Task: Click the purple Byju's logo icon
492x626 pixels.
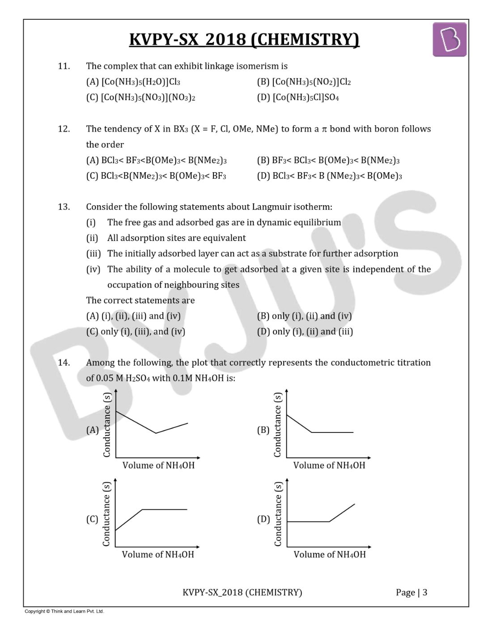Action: pos(450,40)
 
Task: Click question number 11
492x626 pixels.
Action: pos(64,66)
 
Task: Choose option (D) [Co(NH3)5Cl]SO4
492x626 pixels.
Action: pos(298,97)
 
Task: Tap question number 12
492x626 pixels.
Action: pos(64,129)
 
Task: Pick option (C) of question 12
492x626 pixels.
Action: pos(156,176)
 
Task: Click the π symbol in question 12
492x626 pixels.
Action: pos(325,129)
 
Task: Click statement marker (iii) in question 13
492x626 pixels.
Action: pos(93,254)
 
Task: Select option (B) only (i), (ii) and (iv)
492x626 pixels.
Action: pos(304,316)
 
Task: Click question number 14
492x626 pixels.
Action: pos(64,363)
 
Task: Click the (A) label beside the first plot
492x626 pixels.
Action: pos(93,430)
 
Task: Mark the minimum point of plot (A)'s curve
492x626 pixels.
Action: pos(156,433)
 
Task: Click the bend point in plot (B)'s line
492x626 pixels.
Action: pos(311,432)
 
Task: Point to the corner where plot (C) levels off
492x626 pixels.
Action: pos(142,509)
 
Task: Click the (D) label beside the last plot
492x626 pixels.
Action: pos(263,519)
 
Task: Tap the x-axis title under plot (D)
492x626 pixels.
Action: pos(330,554)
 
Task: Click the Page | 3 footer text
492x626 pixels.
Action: pos(411,592)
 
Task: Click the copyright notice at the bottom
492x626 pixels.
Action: pos(64,611)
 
